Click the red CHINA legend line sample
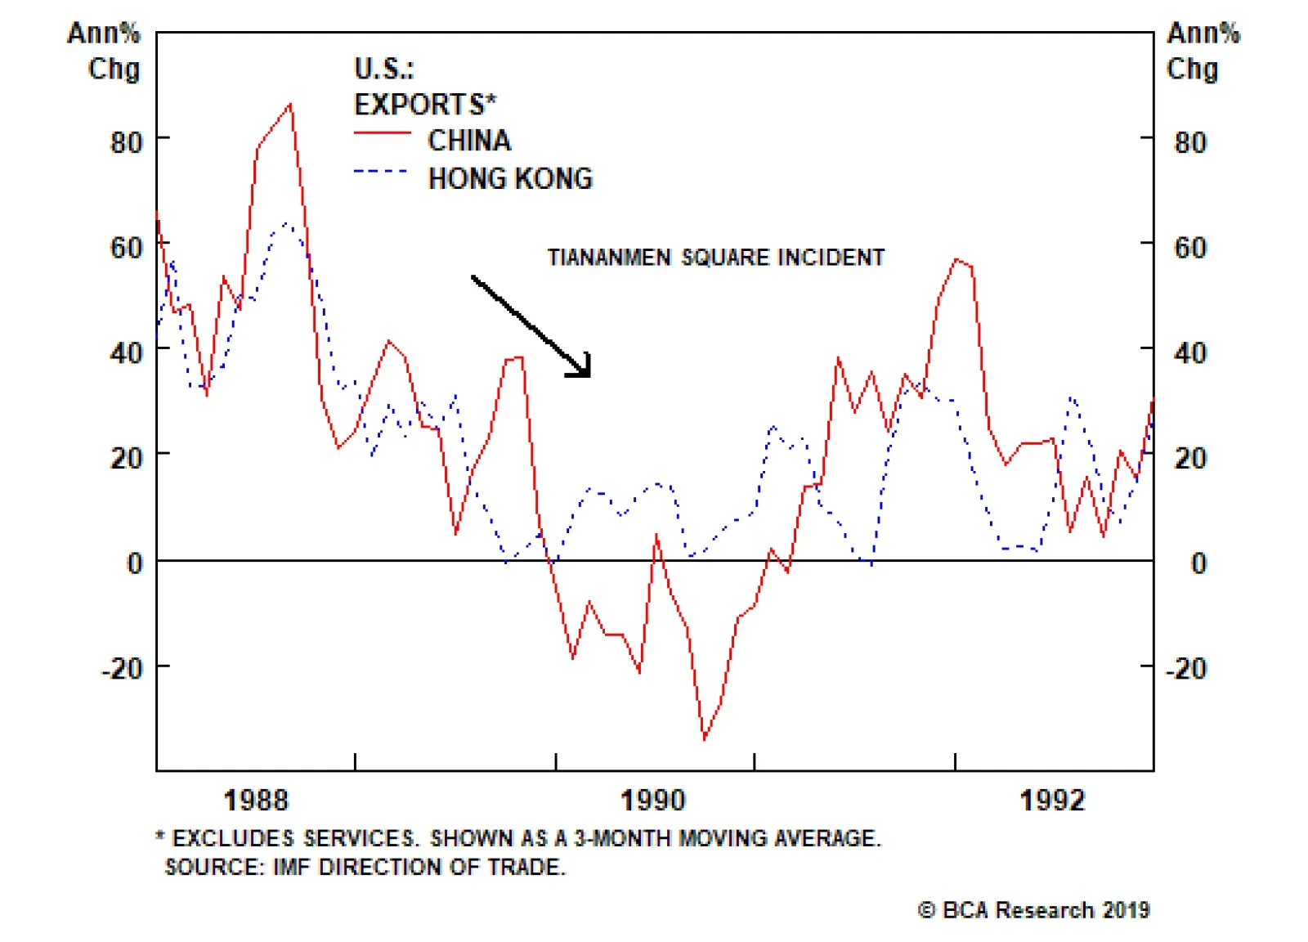pyautogui.click(x=382, y=133)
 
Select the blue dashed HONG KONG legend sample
pyautogui.click(x=380, y=172)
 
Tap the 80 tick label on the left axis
pyautogui.click(x=127, y=143)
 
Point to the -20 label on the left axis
pyautogui.click(x=123, y=669)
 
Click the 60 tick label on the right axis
pyautogui.click(x=1190, y=248)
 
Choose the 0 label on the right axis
pyautogui.click(x=1198, y=563)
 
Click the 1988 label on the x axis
pyautogui.click(x=256, y=800)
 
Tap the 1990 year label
pyautogui.click(x=653, y=800)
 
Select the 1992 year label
pyautogui.click(x=1053, y=800)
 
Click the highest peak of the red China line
pyautogui.click(x=290, y=105)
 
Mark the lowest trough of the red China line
pyautogui.click(x=705, y=739)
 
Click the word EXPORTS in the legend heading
pyautogui.click(x=420, y=105)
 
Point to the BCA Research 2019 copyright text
pyautogui.click(x=1035, y=910)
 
